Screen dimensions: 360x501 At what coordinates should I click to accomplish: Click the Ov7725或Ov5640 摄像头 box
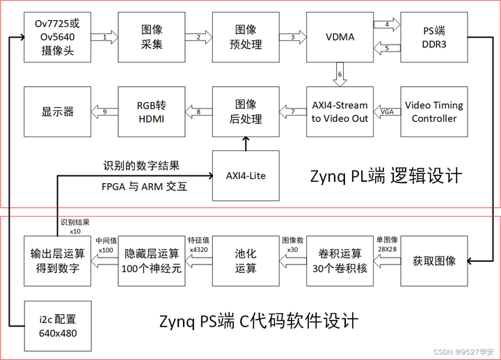58,37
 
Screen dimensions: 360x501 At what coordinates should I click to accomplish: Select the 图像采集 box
152,37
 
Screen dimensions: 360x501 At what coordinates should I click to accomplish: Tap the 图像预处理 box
245,37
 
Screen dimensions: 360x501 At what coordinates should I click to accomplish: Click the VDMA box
340,37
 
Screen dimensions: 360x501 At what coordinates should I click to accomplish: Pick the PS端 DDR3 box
434,37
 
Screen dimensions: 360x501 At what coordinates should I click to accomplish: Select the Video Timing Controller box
434,111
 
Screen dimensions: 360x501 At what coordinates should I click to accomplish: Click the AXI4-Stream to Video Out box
340,111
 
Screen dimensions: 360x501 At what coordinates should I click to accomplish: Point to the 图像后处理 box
245,111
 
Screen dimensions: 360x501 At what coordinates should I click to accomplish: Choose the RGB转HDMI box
152,111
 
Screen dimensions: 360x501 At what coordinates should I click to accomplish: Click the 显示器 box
58,111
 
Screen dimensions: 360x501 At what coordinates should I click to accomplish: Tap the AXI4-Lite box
245,175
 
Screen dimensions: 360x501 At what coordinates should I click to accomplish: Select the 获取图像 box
434,261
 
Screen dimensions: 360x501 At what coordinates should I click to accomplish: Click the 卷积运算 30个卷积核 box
340,261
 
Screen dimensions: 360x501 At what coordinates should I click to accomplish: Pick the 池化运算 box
245,261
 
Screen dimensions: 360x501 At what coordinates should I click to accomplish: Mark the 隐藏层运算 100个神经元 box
152,261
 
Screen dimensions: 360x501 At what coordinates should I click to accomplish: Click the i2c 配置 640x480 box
58,326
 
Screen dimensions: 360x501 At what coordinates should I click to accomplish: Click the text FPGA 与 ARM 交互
145,187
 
